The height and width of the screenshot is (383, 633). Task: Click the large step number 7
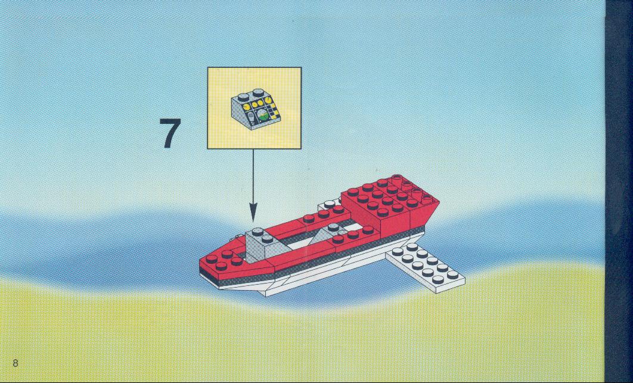pos(170,133)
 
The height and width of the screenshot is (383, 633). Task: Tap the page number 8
pos(15,363)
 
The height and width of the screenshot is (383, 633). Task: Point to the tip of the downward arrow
pos(253,221)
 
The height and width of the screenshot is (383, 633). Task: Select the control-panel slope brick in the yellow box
pos(254,109)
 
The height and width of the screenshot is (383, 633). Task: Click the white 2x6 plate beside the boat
pos(425,266)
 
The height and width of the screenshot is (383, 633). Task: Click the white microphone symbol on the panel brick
pos(250,119)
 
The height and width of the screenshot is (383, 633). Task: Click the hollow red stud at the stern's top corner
pos(397,178)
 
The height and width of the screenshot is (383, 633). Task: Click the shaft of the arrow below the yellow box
pos(253,176)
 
